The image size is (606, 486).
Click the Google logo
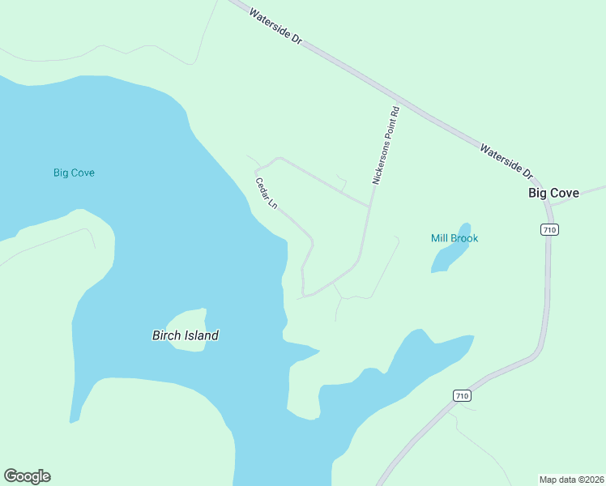(x=28, y=476)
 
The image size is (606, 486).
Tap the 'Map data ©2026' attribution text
(x=571, y=479)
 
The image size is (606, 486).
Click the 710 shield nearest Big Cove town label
(x=549, y=230)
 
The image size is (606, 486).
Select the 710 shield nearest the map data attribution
(x=461, y=395)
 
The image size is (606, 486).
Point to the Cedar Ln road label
(x=267, y=194)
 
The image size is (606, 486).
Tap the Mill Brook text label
(x=454, y=238)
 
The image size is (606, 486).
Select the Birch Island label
(x=186, y=335)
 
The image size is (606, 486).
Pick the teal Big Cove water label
(x=74, y=173)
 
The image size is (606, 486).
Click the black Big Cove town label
(x=553, y=193)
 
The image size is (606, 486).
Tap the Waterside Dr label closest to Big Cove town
(x=506, y=161)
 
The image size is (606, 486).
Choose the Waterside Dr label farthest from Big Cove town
(x=275, y=26)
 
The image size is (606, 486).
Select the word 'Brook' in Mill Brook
(x=465, y=238)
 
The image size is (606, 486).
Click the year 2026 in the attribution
(x=593, y=479)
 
